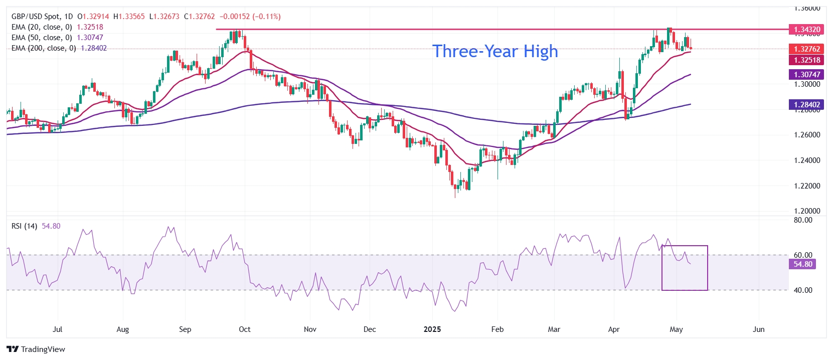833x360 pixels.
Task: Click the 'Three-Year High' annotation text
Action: coord(495,51)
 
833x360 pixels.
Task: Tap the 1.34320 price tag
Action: coord(806,30)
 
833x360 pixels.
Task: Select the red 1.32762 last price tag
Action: coord(806,49)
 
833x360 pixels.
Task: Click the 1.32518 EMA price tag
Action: coord(806,60)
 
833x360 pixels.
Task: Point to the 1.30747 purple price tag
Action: coord(806,75)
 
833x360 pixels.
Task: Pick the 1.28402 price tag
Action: coord(806,105)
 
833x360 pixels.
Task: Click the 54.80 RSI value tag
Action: coord(802,264)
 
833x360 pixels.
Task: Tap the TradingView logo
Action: coord(36,349)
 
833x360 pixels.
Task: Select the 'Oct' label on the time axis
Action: coord(245,329)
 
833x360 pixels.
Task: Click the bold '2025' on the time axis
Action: coord(432,329)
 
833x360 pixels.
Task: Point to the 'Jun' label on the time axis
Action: coord(759,329)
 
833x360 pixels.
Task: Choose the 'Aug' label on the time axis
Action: coord(122,329)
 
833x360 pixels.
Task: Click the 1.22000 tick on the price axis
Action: coord(807,186)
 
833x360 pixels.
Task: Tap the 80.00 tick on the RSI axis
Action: coord(803,220)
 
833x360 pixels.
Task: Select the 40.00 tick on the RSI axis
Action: coord(803,290)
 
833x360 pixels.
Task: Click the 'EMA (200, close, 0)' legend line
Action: coord(44,48)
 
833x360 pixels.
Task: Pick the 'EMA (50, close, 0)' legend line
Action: coord(42,38)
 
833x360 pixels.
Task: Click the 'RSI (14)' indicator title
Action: coord(24,226)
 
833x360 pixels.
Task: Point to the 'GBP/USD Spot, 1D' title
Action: coord(42,17)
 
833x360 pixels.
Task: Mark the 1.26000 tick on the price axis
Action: coord(807,135)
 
